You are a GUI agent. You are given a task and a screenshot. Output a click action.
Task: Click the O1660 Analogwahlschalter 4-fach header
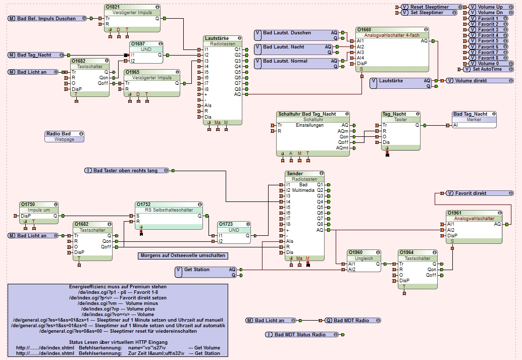[393, 30]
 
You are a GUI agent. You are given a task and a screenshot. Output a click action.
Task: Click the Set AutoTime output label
[486, 69]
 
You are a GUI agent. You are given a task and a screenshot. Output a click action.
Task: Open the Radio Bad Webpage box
[64, 136]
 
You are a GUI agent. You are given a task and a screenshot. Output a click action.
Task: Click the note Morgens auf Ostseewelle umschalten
[183, 255]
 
